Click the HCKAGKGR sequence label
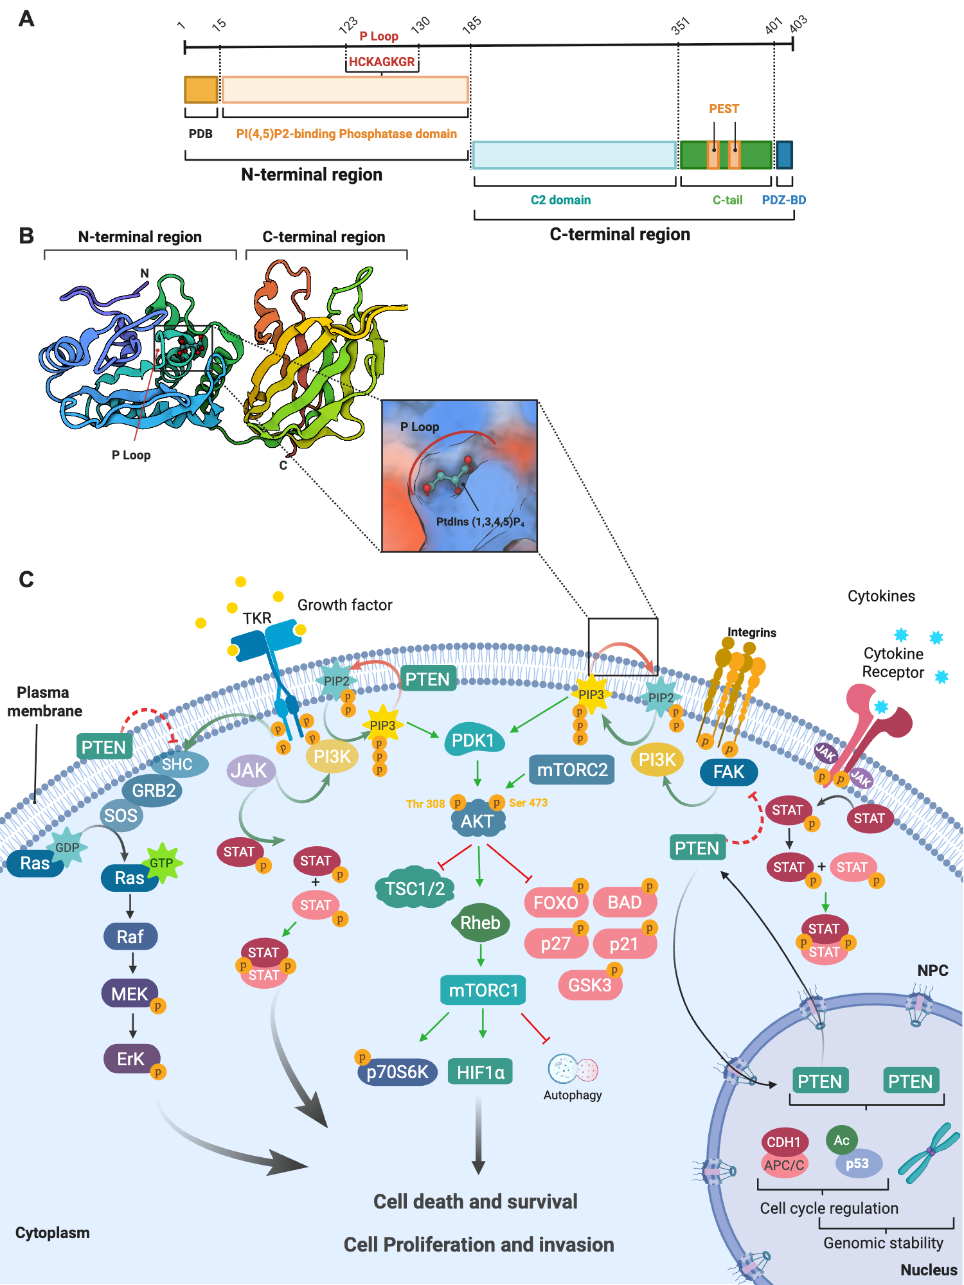pos(382,62)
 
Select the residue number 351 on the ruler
pos(680,26)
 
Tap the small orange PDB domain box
pos(201,90)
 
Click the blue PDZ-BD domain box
pos(784,155)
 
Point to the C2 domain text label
pos(560,200)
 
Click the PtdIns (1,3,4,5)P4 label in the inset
pos(480,522)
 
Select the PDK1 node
pos(474,741)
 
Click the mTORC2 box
pos(571,770)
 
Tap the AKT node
pos(477,820)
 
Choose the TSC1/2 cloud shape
pos(415,889)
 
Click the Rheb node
pos(480,923)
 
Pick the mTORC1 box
pos(483,990)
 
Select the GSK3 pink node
pos(589,985)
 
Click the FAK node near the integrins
pos(728,772)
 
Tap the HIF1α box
pos(480,1072)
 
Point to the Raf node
pos(130,937)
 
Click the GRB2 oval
pos(154,790)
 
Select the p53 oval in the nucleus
pos(857,1164)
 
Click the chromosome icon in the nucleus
pos(925,1153)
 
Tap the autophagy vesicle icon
pos(573,1069)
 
